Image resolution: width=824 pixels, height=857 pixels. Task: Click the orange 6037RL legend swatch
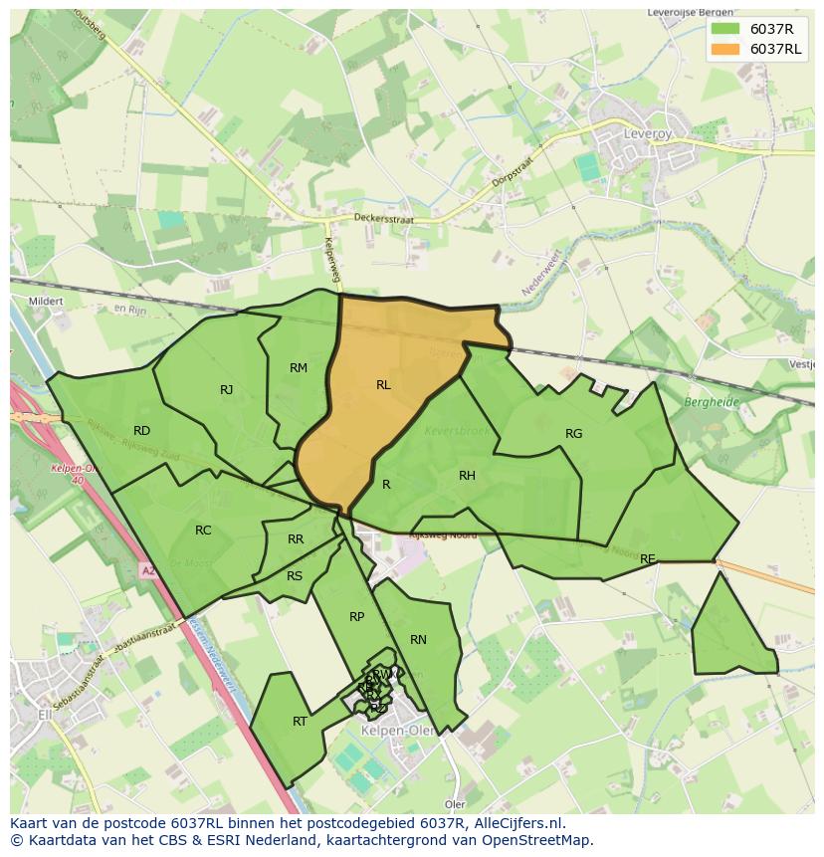(724, 49)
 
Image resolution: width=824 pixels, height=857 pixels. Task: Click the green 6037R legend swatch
(724, 29)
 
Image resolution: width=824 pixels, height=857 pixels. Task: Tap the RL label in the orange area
(383, 385)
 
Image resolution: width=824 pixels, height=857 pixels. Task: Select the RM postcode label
(299, 368)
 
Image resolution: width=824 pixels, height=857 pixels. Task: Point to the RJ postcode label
(227, 390)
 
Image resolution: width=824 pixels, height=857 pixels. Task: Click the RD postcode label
(141, 431)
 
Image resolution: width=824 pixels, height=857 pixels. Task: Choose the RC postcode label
(203, 531)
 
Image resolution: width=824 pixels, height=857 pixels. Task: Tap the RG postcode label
(573, 434)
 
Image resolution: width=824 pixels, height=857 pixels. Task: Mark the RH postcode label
(467, 476)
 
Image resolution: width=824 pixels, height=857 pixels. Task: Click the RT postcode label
(300, 722)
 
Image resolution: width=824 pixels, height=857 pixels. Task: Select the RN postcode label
(418, 640)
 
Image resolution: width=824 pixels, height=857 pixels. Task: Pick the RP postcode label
(356, 617)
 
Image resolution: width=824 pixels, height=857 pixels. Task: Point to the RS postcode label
(295, 576)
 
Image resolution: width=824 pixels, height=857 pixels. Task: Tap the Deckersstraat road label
(383, 218)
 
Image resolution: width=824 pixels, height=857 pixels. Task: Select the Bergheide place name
(711, 402)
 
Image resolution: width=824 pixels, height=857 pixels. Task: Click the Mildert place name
(46, 301)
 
